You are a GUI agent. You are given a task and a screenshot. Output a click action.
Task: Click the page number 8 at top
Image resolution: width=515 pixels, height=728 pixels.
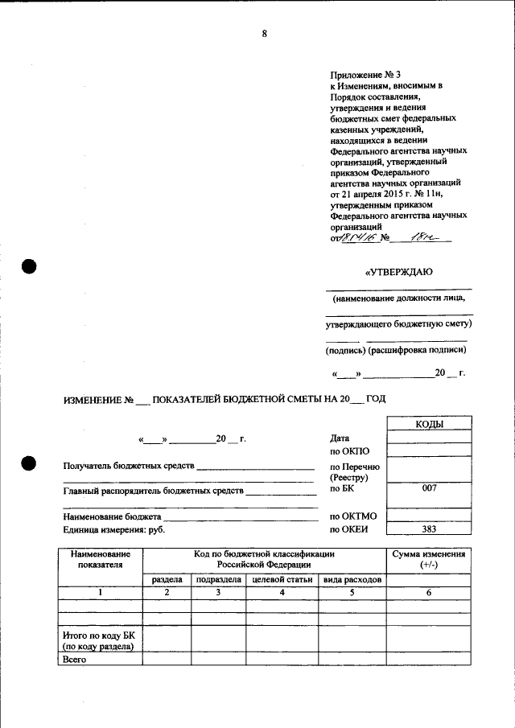point(263,33)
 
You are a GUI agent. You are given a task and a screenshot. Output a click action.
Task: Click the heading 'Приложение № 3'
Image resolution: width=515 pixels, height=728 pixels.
point(365,74)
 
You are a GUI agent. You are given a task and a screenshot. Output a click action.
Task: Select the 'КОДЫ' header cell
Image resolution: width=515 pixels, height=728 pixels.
point(429,424)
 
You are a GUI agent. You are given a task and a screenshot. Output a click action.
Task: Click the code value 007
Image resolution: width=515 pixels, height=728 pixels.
point(429,488)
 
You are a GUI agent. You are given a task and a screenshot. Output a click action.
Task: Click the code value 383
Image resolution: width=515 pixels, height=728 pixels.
point(429,529)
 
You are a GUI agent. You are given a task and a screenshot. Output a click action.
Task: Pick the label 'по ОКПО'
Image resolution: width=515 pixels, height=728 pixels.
point(348,451)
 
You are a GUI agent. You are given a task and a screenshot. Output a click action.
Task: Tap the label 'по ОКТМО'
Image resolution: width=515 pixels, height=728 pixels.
point(353,516)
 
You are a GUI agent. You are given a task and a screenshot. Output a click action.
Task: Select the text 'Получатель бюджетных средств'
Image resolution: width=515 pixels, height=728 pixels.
point(129,467)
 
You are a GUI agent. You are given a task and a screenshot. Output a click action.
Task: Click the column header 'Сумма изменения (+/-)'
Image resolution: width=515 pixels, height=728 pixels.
point(428,560)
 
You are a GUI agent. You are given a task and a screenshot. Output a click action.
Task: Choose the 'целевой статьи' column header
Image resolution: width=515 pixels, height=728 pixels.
point(282,580)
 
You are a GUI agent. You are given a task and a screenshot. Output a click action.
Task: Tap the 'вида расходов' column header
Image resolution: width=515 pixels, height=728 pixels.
point(352,580)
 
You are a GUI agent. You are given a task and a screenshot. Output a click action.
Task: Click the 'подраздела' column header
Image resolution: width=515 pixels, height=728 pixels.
point(218,580)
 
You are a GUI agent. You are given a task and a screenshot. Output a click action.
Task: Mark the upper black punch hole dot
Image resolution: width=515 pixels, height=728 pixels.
point(30,267)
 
